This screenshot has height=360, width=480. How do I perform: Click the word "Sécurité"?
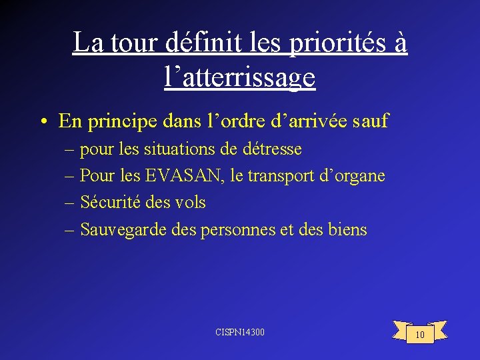tap(109, 203)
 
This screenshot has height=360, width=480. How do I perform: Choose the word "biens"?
tap(347, 230)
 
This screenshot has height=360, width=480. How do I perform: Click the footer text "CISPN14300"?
tap(240, 331)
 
